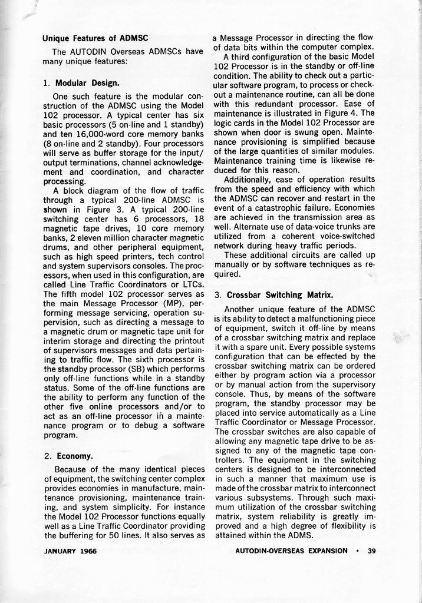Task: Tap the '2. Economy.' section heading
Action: [x=68, y=456]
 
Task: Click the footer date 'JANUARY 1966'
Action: [x=70, y=551]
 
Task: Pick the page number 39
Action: [x=371, y=551]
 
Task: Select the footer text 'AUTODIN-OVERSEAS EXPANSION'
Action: [x=291, y=551]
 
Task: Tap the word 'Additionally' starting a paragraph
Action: [x=249, y=179]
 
